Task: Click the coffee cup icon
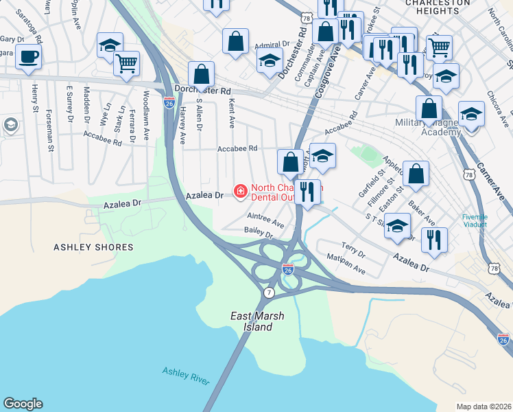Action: pyautogui.click(x=28, y=57)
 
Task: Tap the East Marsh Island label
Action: pyautogui.click(x=250, y=321)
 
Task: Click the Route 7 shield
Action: pyautogui.click(x=267, y=293)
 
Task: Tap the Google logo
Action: pyautogui.click(x=23, y=404)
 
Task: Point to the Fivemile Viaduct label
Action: pyautogui.click(x=475, y=220)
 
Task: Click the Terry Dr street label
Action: pyautogui.click(x=353, y=249)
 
